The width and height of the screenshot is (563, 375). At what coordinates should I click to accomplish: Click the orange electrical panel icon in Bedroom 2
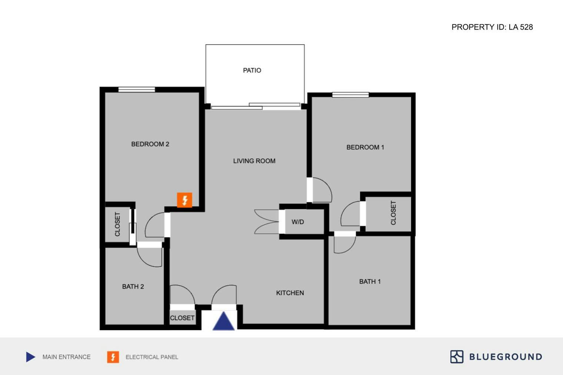tap(184, 200)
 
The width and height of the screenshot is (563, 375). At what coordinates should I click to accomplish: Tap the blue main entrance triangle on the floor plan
tap(223, 321)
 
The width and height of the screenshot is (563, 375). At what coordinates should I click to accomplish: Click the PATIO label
tap(252, 70)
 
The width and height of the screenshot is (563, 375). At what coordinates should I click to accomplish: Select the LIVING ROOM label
tap(254, 161)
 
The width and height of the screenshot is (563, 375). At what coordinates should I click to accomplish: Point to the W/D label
tap(297, 222)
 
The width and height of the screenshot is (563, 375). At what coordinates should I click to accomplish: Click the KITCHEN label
tap(290, 293)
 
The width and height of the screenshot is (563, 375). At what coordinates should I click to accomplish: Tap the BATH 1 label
tap(370, 282)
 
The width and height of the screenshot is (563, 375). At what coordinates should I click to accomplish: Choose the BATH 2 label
tap(133, 287)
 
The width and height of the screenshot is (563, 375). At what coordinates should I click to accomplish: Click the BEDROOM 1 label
tap(365, 147)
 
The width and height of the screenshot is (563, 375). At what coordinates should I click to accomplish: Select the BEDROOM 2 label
tap(150, 144)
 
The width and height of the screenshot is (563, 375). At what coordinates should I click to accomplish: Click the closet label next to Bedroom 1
tap(393, 213)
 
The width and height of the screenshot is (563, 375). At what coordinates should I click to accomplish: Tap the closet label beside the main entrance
tap(182, 318)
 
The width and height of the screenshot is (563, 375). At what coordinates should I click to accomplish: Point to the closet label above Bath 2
tap(117, 224)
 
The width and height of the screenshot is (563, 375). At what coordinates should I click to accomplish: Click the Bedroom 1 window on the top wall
tap(350, 95)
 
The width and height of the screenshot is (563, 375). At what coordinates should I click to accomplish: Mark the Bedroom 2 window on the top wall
tap(136, 89)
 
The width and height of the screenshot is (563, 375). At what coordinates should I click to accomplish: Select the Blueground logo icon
tap(457, 356)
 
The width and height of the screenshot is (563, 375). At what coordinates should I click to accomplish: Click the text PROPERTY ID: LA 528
tap(492, 27)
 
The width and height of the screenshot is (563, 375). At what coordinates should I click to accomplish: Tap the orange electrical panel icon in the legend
tap(113, 357)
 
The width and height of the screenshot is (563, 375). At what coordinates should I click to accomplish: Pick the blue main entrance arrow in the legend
tap(30, 357)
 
